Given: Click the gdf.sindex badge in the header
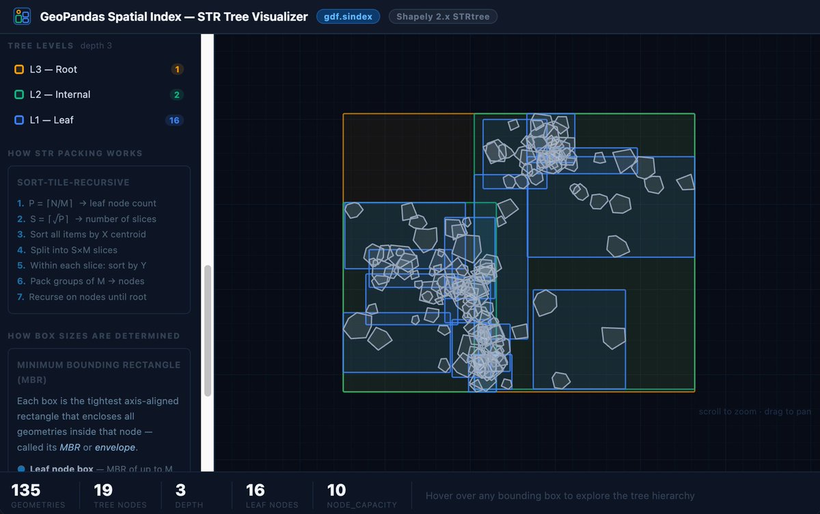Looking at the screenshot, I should pos(348,16).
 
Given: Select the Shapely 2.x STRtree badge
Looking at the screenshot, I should pos(443,16).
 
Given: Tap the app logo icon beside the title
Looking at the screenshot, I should pos(23,16).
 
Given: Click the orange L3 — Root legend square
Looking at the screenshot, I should pos(19,70).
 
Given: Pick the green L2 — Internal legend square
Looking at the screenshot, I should pos(19,95).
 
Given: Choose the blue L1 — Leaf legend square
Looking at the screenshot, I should pos(19,120).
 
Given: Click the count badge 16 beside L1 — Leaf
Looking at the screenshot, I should pos(174,120).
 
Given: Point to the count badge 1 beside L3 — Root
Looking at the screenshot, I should pos(177,70).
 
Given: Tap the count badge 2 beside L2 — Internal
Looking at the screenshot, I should pos(177,95).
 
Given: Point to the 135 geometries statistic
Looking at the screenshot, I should pos(26,490).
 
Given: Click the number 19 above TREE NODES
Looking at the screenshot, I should pos(103,490).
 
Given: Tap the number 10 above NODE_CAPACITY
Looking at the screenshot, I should pos(336,490).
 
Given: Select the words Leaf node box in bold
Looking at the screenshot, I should pos(61,469).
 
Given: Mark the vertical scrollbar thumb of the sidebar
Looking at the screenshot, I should pos(208,331).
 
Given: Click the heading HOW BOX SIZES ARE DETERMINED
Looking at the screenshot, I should pos(94,336).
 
